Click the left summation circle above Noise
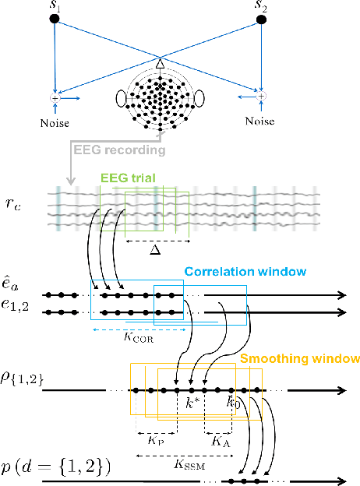click(x=55, y=99)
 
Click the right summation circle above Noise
click(x=262, y=96)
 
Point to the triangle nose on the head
click(x=160, y=65)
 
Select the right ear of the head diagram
click(x=199, y=100)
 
